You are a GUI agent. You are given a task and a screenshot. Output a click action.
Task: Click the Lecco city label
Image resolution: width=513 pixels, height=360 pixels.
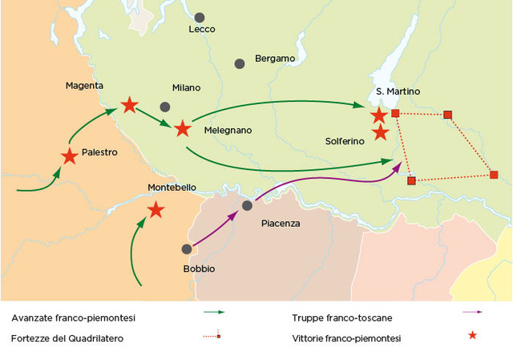pos(202,30)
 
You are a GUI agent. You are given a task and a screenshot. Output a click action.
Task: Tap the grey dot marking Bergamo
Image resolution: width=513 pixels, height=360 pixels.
pos(239,63)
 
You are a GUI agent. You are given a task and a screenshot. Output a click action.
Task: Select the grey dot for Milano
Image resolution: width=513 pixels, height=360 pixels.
pos(165,107)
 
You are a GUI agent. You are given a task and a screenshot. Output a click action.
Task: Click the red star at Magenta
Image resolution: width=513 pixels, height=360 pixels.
pos(128,105)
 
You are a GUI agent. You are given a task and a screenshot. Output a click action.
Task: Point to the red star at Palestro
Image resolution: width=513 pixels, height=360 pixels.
pos(70,156)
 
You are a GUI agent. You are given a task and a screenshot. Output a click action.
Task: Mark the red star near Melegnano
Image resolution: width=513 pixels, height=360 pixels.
pos(183,128)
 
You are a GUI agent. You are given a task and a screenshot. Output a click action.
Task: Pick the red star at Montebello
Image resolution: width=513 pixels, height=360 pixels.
pos(156,210)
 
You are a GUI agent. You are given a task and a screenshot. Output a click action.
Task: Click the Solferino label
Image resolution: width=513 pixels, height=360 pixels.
pos(345,141)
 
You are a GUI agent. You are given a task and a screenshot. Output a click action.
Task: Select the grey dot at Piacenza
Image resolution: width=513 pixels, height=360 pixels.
pos(248,206)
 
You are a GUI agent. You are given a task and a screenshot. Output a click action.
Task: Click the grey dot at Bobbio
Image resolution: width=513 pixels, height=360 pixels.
pos(187,249)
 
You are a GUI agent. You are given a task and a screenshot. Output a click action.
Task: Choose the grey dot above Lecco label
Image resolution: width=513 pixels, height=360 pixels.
pos(199,17)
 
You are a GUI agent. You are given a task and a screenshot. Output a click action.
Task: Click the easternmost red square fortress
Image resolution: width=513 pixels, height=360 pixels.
pos(494,175)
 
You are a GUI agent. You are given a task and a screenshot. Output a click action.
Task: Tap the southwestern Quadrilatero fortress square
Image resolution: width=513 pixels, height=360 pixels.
pos(411,180)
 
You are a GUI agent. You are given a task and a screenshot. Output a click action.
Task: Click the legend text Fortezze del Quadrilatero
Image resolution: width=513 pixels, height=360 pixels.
pos(67,338)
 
